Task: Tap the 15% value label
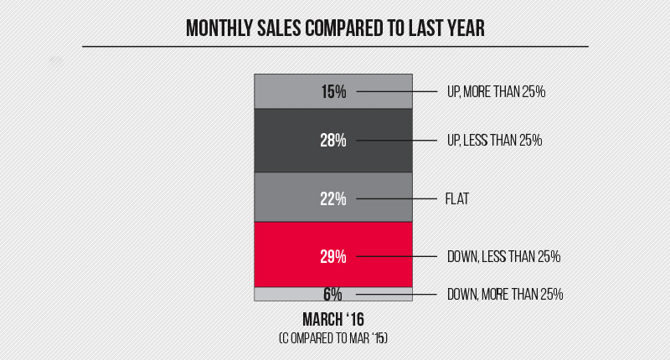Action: click(333, 91)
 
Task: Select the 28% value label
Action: click(333, 141)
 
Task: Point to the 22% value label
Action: click(333, 198)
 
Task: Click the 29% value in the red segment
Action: click(333, 256)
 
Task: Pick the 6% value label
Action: click(333, 294)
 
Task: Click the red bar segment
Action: click(285, 255)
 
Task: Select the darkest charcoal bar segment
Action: click(285, 141)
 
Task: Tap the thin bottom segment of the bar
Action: click(285, 294)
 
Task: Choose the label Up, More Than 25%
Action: click(496, 91)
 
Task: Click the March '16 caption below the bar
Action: click(333, 319)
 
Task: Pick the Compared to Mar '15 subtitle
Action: click(333, 338)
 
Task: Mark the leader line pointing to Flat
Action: click(394, 198)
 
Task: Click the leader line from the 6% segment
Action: click(394, 294)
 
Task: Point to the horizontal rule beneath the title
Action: click(335, 46)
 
